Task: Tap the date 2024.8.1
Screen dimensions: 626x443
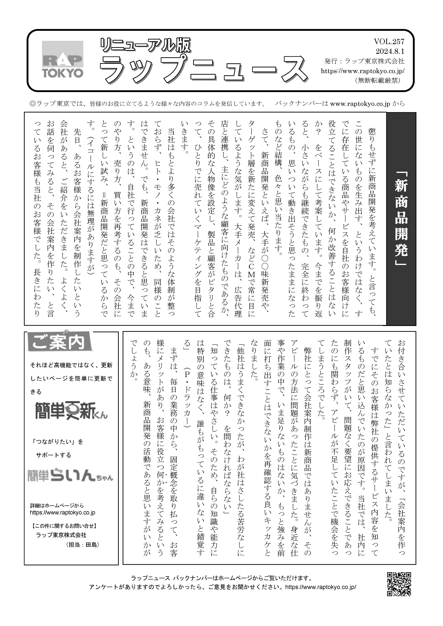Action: click(390, 51)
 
